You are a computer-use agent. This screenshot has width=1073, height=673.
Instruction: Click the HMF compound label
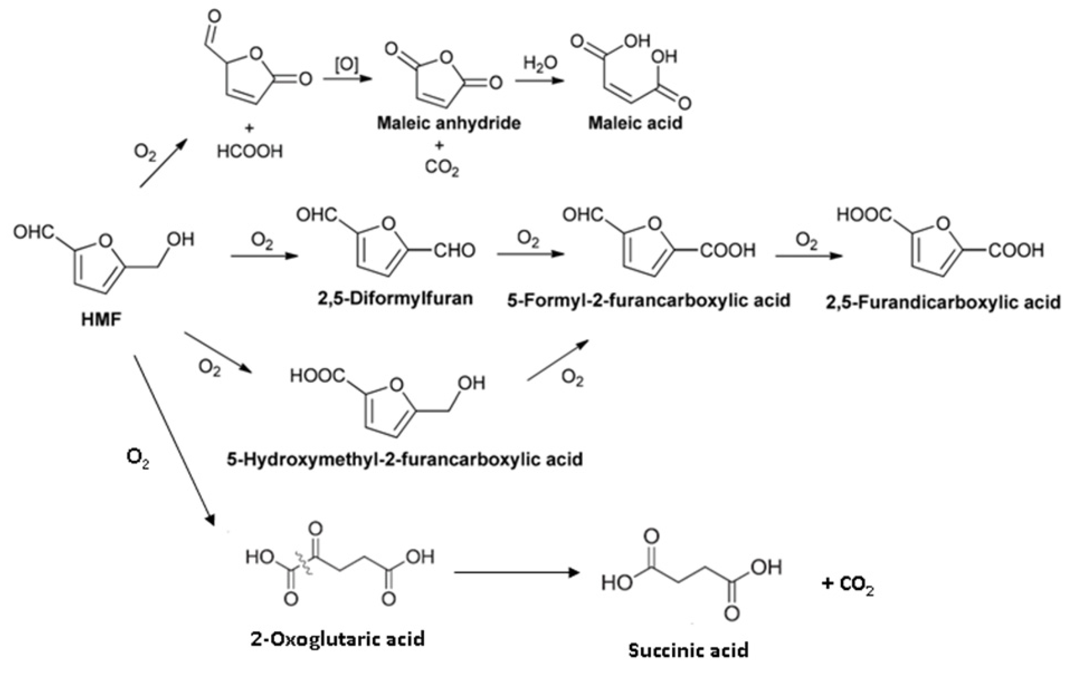click(101, 320)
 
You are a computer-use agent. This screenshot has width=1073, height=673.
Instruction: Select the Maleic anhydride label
click(449, 123)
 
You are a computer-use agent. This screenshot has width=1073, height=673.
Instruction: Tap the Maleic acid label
click(635, 123)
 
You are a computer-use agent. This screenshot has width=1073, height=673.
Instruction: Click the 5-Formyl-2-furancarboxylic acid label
click(649, 300)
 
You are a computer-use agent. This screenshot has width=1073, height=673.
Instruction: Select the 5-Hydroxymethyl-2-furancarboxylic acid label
click(405, 458)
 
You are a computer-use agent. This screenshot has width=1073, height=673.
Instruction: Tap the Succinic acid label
click(688, 650)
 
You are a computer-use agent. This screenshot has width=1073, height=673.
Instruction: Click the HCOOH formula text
click(249, 152)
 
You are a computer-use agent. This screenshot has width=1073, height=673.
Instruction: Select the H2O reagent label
click(540, 64)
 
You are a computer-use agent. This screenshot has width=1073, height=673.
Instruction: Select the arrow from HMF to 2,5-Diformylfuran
click(264, 256)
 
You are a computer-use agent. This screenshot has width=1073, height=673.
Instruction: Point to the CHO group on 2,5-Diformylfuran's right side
click(454, 251)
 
